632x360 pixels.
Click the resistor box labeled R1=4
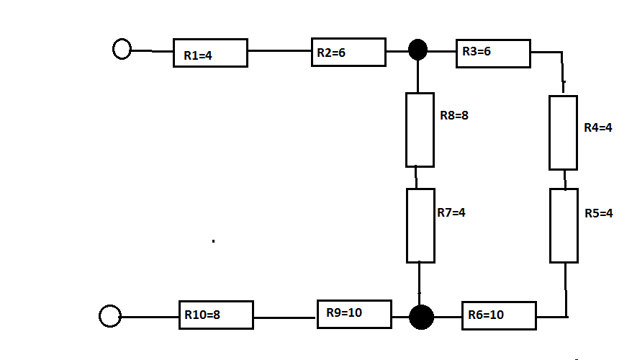(x=210, y=53)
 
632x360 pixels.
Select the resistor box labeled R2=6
(x=348, y=52)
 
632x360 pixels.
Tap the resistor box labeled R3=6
(x=493, y=53)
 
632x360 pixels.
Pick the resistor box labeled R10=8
(x=216, y=315)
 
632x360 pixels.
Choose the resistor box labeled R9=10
(x=354, y=314)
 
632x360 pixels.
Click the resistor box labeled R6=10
(x=499, y=315)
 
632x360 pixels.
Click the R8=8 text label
(x=454, y=116)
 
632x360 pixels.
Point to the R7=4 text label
(x=451, y=212)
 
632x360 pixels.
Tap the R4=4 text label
(x=598, y=127)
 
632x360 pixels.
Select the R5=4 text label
(x=599, y=213)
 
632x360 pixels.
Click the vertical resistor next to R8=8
(x=420, y=130)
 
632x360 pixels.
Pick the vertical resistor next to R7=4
(x=421, y=226)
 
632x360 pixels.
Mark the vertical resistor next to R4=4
(x=564, y=132)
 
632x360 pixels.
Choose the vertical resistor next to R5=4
(x=564, y=226)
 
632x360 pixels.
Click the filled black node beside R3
(x=418, y=50)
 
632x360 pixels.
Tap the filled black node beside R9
(x=422, y=318)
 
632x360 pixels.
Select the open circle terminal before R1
(x=122, y=49)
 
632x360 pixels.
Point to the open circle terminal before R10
(x=110, y=316)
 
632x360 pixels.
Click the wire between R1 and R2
(x=280, y=51)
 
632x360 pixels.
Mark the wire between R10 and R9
(x=285, y=318)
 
